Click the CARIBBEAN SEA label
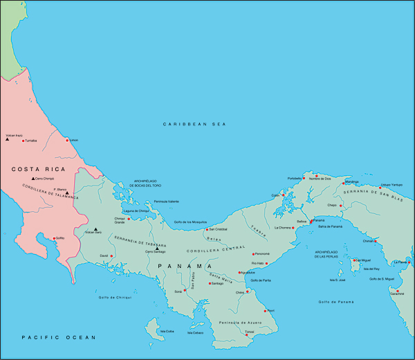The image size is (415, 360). [x=195, y=124]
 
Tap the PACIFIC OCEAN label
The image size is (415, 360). [x=58, y=337]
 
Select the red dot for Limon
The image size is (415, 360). [x=67, y=140]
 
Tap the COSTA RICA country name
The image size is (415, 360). [x=38, y=169]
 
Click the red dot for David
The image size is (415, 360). [x=111, y=255]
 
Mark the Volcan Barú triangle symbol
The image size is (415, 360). [x=95, y=229]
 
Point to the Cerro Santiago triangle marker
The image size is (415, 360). [x=157, y=248]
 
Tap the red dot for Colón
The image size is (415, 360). [x=283, y=195]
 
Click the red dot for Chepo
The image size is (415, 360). [x=340, y=206]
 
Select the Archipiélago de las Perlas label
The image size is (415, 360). [x=329, y=254]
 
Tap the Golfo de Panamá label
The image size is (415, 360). [x=335, y=302]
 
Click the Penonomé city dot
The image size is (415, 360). [x=253, y=254]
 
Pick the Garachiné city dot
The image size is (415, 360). [x=398, y=291]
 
